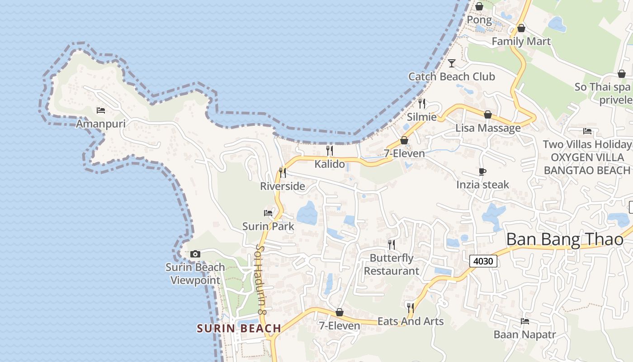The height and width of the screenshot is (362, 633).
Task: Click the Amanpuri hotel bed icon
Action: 101,110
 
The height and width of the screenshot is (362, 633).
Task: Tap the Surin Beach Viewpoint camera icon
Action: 195,254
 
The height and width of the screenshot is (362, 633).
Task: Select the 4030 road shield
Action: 483,261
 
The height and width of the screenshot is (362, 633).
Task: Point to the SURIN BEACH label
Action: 239,329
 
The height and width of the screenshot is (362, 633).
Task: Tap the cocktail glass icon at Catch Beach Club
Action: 452,63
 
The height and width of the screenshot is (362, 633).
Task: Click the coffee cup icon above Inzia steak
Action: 482,171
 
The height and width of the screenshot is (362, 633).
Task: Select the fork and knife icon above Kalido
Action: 330,150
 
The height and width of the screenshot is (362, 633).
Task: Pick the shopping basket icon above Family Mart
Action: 521,28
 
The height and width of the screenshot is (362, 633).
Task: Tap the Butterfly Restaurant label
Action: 392,264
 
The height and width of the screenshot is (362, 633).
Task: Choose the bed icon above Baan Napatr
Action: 525,321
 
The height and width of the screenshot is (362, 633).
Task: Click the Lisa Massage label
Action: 488,128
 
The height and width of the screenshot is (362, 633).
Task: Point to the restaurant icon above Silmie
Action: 422,104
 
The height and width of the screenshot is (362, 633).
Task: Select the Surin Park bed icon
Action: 269,213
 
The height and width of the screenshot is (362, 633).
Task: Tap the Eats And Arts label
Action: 411,321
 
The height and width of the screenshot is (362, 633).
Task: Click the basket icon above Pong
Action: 479,6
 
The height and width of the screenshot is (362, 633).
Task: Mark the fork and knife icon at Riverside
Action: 283,172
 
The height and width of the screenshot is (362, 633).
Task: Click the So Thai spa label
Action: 602,86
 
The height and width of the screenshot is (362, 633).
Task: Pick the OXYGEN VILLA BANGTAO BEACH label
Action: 587,164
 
